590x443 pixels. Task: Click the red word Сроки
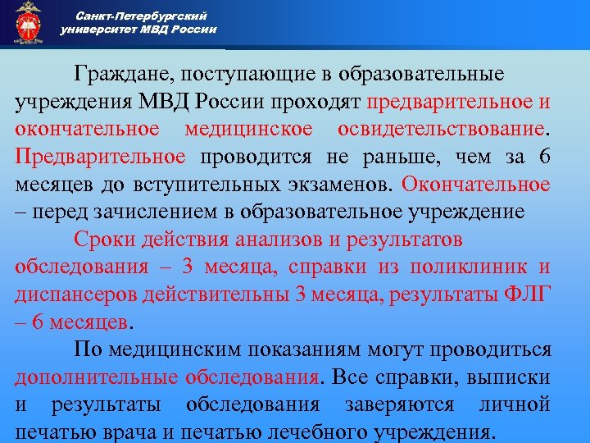[x=102, y=240]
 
